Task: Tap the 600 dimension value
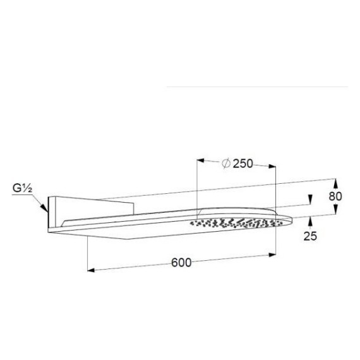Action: (x=182, y=262)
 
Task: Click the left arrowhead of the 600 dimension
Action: (x=90, y=270)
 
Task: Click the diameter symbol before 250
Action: (x=225, y=164)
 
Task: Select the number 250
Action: (x=243, y=164)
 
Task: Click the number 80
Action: (x=335, y=196)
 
